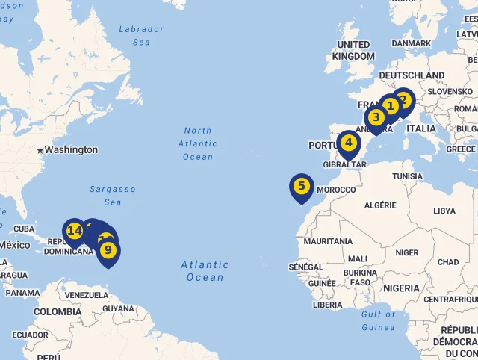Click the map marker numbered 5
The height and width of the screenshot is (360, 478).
point(301,186)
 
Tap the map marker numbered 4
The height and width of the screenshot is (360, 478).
point(348,143)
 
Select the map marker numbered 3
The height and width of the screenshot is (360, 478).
point(376,117)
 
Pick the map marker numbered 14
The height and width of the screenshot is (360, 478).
point(74,231)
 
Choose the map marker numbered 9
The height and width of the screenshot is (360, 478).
point(108,250)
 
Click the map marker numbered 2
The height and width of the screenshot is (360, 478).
point(403,100)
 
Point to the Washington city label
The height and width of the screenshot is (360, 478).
point(71,149)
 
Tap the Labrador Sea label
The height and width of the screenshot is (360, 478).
point(141,36)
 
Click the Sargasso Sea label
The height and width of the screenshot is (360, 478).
point(113,196)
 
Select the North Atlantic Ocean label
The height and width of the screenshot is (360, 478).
point(198,143)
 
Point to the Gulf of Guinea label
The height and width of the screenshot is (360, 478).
point(378,320)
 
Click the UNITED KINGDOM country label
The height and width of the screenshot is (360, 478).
point(353,51)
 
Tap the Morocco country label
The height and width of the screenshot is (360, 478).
point(336,190)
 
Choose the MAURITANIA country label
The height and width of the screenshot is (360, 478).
point(328,241)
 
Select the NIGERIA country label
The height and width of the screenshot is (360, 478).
point(401,288)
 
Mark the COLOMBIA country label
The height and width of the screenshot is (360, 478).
point(57,311)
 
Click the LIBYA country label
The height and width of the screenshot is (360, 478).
point(444,211)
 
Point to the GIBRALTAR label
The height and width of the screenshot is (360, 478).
point(344,164)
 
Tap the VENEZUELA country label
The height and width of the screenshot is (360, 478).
point(87,295)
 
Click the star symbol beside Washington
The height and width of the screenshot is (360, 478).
point(40,150)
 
